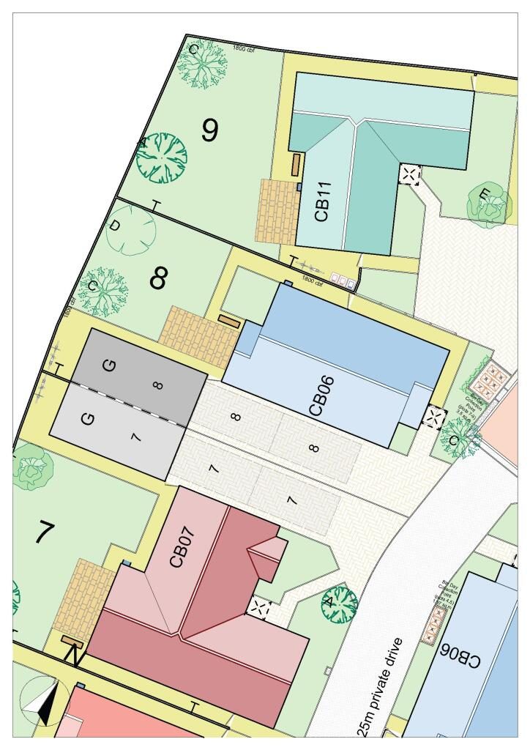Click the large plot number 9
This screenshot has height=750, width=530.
coord(209,130)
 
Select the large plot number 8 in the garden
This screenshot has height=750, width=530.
coord(159,278)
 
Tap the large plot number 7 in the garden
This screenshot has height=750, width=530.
coord(45,533)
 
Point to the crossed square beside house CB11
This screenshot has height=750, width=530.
coord(410,175)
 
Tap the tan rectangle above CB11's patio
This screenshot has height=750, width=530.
coord(296,164)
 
